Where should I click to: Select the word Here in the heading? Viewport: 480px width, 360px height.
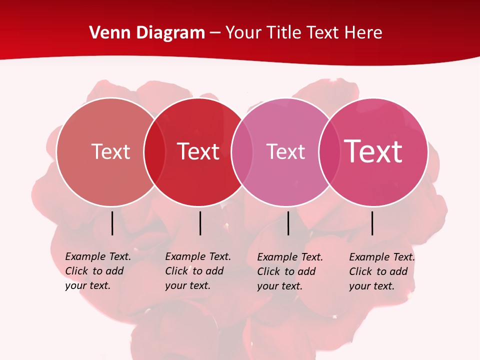[x=363, y=33]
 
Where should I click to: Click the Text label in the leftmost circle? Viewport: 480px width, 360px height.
[x=110, y=151]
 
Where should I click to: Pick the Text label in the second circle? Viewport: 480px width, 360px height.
[x=198, y=151]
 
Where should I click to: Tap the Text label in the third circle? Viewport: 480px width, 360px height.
[x=285, y=151]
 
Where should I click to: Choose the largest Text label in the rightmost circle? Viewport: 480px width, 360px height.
[x=373, y=151]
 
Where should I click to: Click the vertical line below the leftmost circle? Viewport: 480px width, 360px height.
[x=112, y=223]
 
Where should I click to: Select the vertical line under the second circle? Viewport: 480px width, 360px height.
[x=200, y=223]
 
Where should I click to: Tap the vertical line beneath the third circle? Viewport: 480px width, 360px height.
[x=288, y=223]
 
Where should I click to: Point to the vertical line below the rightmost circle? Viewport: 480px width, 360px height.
[x=372, y=223]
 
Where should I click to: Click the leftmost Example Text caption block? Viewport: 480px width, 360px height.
[x=97, y=271]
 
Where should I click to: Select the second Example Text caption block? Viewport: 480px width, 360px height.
[x=197, y=271]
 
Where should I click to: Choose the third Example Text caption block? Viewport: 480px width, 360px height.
[x=289, y=271]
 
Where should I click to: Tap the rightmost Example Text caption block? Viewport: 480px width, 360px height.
[x=381, y=271]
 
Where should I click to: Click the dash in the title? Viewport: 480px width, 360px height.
[x=215, y=33]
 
